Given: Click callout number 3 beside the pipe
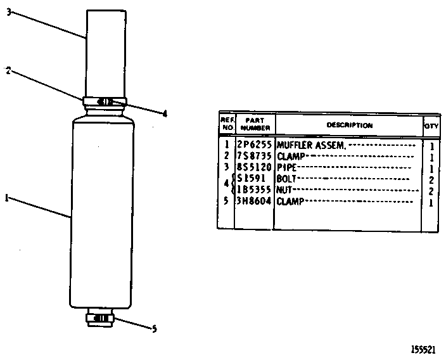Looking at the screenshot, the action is pyautogui.click(x=9, y=12).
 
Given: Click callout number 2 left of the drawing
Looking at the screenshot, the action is pyautogui.click(x=8, y=70).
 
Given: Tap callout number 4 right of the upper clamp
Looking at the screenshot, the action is pyautogui.click(x=165, y=114).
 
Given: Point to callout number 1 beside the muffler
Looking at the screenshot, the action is pyautogui.click(x=6, y=198).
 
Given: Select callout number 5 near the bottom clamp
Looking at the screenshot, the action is pyautogui.click(x=154, y=329).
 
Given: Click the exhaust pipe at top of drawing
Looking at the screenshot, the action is pyautogui.click(x=106, y=53).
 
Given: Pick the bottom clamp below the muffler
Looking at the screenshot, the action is pyautogui.click(x=100, y=318).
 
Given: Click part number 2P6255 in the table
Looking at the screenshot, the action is pyautogui.click(x=254, y=145).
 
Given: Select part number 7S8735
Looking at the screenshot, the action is pyautogui.click(x=254, y=156).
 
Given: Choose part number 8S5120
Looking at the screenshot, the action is pyautogui.click(x=254, y=167).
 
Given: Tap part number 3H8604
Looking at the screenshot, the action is pyautogui.click(x=254, y=201).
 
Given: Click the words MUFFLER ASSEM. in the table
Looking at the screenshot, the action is pyautogui.click(x=312, y=145).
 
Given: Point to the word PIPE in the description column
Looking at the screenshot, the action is pyautogui.click(x=287, y=167).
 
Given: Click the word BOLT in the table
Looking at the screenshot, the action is pyautogui.click(x=286, y=179).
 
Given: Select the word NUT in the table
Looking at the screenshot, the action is pyautogui.click(x=284, y=190).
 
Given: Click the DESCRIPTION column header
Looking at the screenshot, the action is pyautogui.click(x=350, y=125).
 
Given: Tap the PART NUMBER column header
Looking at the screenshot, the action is pyautogui.click(x=255, y=124).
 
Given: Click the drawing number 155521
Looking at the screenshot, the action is pyautogui.click(x=423, y=349).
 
